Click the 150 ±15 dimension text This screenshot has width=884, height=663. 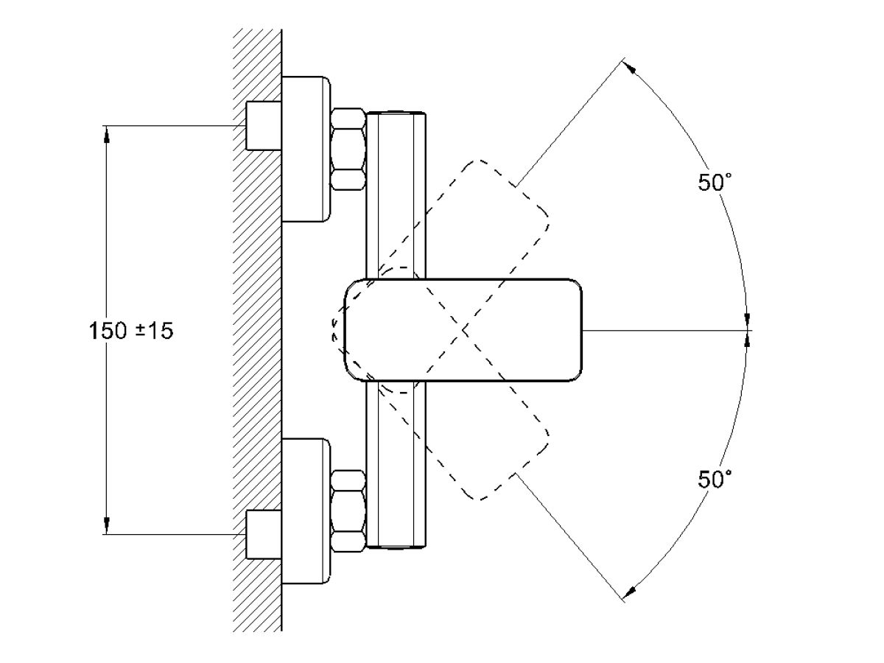[x=131, y=331]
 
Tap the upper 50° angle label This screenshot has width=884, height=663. [x=715, y=183]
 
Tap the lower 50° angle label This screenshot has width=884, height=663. [x=715, y=480]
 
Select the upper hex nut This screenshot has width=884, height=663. [x=348, y=149]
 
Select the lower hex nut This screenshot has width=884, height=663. [x=348, y=511]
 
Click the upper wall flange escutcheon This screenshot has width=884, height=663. [x=306, y=148]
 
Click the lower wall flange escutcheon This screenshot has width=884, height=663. [x=306, y=511]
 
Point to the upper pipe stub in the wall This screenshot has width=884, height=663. [x=263, y=126]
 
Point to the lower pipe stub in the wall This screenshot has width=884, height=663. [x=263, y=534]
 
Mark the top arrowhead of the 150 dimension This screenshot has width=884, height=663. [x=107, y=133]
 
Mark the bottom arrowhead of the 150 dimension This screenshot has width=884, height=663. [x=107, y=526]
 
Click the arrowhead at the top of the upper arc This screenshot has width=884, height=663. [x=631, y=67]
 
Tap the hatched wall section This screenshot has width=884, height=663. [x=257, y=331]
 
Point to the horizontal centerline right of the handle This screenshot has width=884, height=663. [x=663, y=330]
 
